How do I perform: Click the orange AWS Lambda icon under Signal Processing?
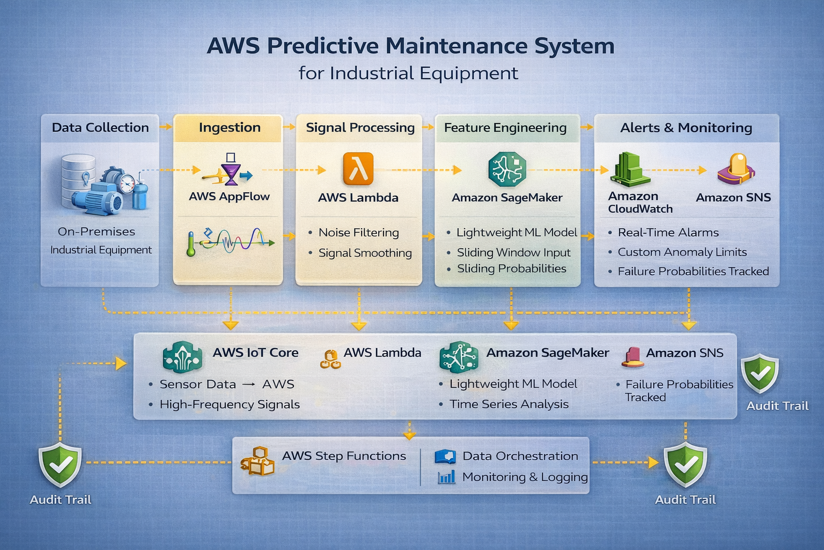click(358, 169)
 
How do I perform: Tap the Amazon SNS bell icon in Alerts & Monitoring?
click(737, 169)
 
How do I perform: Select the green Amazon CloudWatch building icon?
click(630, 169)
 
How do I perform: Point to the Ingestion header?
click(230, 128)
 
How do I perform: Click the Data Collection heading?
click(100, 128)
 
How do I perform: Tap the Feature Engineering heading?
click(505, 128)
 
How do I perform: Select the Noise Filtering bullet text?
click(358, 233)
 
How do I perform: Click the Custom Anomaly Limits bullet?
click(682, 252)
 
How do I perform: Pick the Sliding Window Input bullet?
click(513, 252)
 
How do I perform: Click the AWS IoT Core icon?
click(182, 357)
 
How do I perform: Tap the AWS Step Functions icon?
click(258, 461)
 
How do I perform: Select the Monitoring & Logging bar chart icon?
click(446, 477)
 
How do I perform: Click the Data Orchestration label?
click(520, 456)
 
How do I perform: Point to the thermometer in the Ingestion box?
click(190, 244)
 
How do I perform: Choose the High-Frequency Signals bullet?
click(229, 404)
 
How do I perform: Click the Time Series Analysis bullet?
click(509, 404)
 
